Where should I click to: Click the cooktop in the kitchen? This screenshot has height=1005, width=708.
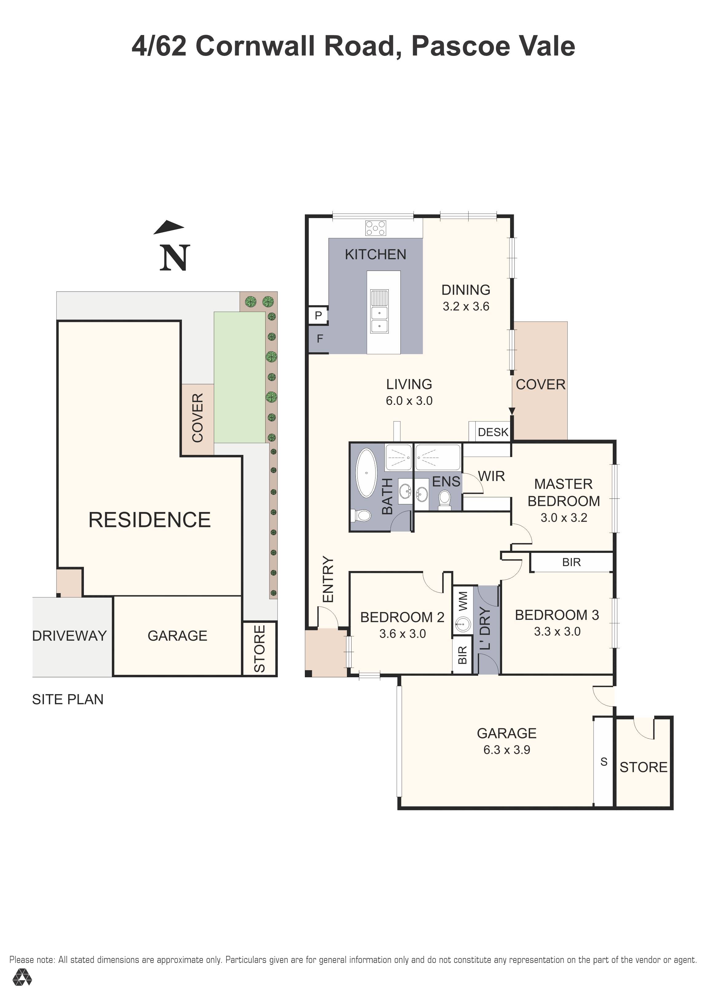(x=376, y=228)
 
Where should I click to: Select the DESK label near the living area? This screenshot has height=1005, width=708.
(x=493, y=432)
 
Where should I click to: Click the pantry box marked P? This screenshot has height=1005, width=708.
(x=318, y=315)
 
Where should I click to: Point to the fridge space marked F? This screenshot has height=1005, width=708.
(x=320, y=338)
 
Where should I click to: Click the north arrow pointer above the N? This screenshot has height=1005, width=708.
(x=169, y=228)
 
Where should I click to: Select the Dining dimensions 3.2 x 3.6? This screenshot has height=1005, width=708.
(x=466, y=307)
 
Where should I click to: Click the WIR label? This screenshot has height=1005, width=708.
(x=491, y=476)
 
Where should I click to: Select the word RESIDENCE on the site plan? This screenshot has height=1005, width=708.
(x=149, y=520)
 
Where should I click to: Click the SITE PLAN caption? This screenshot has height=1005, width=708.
(x=68, y=699)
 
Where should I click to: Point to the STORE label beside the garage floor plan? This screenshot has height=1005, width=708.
(x=643, y=767)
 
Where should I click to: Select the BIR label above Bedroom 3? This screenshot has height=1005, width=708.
(x=571, y=562)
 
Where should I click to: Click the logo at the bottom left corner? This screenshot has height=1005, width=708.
(x=22, y=989)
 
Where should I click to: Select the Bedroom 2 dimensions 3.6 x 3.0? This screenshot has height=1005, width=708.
(x=402, y=634)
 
